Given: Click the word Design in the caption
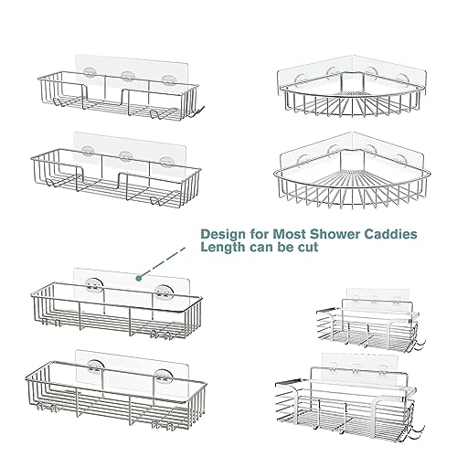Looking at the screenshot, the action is point(219,234).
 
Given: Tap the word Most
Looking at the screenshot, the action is point(289,234).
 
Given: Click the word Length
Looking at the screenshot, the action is point(223,248).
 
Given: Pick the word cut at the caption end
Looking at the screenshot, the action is point(307,247).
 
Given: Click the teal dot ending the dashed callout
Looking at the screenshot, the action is point(139,278).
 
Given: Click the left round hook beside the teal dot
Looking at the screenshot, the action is point(93,286).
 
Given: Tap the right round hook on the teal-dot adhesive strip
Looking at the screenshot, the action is point(163,292).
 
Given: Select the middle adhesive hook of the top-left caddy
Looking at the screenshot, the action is point(128,77).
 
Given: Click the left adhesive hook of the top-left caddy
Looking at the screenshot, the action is point(90,73).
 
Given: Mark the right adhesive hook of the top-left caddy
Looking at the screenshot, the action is point(168,80).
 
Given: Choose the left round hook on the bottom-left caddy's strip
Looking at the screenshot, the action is point(96,367).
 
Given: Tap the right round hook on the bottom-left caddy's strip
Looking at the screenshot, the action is point(164,377).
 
